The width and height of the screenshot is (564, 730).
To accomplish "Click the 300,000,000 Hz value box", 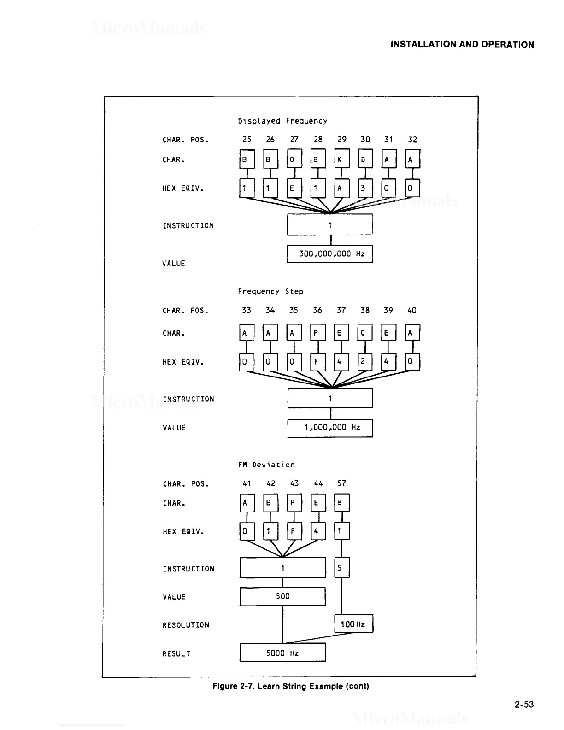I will point(329,254).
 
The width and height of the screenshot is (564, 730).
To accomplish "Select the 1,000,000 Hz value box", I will point(330,428).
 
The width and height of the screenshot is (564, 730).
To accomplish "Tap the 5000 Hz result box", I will point(282,653).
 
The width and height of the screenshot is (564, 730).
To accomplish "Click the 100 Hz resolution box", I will point(353,624).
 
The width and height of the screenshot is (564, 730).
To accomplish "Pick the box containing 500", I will point(282,596).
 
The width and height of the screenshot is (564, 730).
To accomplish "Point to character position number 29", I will point(342,140).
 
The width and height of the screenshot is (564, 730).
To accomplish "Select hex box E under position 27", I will point(294,188).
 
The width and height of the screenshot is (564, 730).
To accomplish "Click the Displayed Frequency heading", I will point(282,121).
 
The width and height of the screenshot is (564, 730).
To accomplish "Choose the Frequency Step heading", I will point(270,292).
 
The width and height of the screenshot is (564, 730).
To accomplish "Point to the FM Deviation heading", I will point(266,465).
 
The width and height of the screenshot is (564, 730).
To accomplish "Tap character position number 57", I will point(341,483).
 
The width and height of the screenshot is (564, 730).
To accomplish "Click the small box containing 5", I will point(341,568).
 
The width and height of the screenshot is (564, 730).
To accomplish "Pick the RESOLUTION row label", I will point(186,625).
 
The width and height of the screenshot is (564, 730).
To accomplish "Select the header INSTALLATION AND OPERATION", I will point(462,45).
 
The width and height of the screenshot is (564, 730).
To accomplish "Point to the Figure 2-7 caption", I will point(291,686).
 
